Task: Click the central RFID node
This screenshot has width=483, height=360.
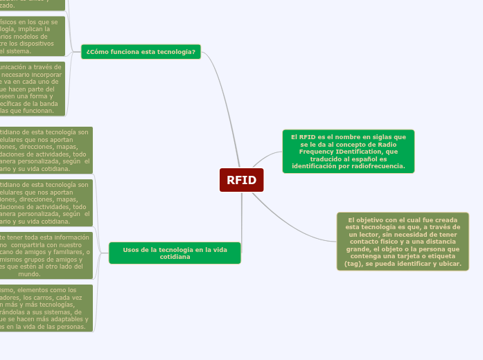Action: (x=241, y=181)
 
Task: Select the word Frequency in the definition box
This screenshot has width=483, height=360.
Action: (x=321, y=151)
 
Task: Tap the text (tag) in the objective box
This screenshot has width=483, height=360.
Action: (x=355, y=264)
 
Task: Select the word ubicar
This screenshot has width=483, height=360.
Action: (x=447, y=264)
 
